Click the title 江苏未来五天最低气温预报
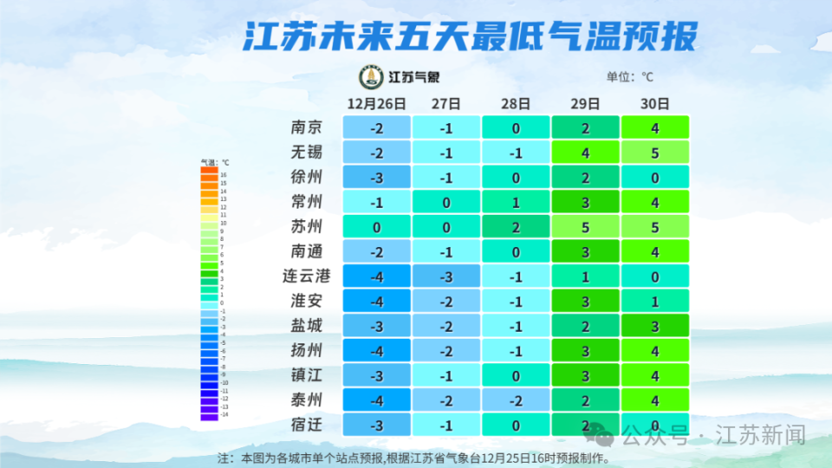click(469, 38)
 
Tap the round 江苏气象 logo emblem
click(372, 77)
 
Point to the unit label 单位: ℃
click(630, 77)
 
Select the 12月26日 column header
click(376, 103)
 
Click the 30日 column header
click(655, 103)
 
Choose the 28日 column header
click(516, 103)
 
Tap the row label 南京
click(307, 128)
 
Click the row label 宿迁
click(307, 426)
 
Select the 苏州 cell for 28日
click(516, 227)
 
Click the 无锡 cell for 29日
click(585, 153)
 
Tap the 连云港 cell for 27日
click(446, 277)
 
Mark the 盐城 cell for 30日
click(655, 327)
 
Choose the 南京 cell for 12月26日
click(376, 128)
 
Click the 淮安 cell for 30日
click(655, 302)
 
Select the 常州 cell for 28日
click(516, 203)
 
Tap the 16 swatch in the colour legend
click(209, 175)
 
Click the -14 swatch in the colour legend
click(209, 417)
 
